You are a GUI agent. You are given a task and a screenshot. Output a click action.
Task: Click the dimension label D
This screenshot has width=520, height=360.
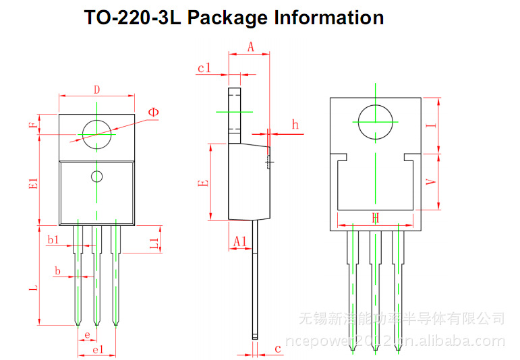(x=96, y=89)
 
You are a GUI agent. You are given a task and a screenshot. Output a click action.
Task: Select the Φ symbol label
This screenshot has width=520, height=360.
(x=154, y=111)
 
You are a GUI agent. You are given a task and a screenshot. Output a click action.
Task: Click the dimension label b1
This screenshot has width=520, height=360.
(x=53, y=239)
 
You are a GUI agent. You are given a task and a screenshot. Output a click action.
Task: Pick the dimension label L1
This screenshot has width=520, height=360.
(x=154, y=244)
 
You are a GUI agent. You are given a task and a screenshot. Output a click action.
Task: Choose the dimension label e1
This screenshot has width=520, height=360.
(x=97, y=349)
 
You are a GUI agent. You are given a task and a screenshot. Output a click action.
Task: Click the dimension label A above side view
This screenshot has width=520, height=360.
(x=250, y=47)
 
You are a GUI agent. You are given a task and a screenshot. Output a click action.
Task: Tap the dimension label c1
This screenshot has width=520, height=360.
(x=204, y=67)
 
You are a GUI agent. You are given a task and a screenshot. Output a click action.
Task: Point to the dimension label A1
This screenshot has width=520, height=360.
(x=239, y=241)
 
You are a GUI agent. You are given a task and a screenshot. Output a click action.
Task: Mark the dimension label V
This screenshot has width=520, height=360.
(x=434, y=183)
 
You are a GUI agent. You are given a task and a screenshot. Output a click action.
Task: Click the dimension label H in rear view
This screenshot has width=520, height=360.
(x=376, y=218)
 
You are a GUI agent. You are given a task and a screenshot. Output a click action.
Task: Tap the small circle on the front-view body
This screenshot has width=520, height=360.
(x=97, y=177)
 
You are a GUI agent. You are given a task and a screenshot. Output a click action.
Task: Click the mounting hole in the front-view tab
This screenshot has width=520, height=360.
(x=96, y=131)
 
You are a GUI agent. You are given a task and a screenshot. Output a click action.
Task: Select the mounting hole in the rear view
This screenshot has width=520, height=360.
(x=375, y=122)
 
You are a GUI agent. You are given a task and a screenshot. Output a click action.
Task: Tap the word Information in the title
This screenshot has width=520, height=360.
(x=328, y=18)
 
